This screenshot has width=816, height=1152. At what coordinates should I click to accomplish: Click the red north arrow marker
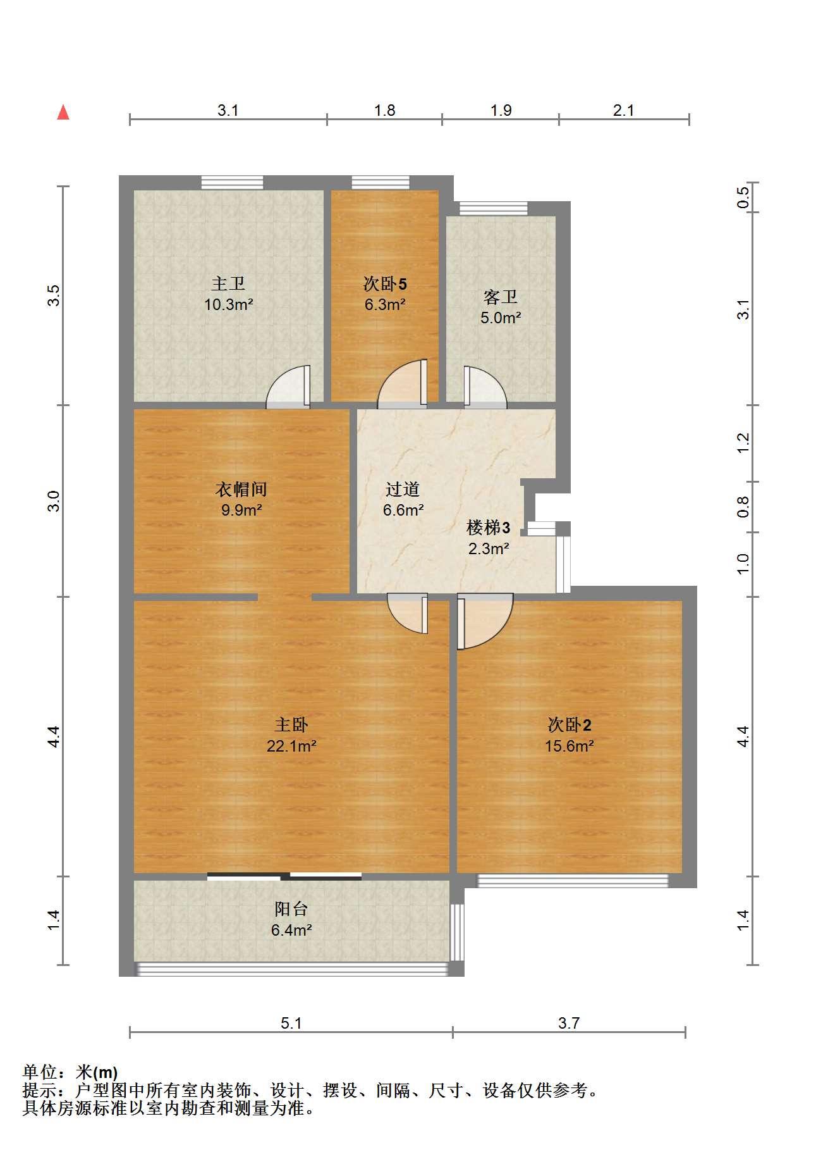pos(63,113)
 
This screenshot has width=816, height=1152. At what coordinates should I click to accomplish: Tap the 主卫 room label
pos(228,283)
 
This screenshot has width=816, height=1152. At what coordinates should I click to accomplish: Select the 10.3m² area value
pos(228,305)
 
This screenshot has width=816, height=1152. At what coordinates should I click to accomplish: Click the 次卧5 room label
pos(384,283)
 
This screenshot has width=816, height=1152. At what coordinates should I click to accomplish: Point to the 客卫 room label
pos(500,297)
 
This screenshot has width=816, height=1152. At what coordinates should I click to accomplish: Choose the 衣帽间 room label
pos(241,489)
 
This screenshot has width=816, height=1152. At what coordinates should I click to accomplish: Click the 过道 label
pos(403,489)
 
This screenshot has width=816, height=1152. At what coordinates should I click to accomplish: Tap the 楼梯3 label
pos(488,527)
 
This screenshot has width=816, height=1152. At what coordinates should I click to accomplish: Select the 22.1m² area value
pos(291,746)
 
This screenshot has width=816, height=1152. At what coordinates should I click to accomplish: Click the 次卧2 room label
pos(569,724)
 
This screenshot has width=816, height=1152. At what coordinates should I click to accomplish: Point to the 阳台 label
pos(291,909)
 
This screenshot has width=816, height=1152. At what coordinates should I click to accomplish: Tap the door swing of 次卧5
pos(403,384)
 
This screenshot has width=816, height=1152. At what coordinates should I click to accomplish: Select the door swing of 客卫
pos(485,387)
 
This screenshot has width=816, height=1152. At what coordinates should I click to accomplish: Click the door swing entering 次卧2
pos(485,621)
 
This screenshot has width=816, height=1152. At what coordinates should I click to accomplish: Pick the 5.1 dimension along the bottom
pos(291,1023)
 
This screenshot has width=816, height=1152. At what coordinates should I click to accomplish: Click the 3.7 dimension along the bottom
pos(569,1023)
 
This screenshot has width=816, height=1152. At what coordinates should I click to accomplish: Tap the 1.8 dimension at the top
pos(384,111)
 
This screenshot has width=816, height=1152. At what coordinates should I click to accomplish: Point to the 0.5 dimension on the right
pos(743,197)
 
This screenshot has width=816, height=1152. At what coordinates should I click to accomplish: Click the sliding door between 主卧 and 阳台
pos(284,876)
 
